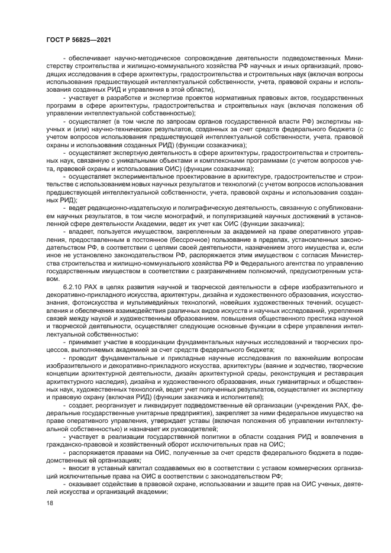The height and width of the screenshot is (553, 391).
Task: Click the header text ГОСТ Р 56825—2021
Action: tap(79, 40)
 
